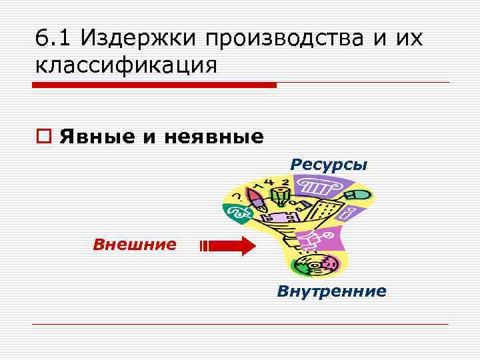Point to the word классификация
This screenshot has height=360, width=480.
coord(127,66)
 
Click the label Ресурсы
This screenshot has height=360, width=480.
coord(328,164)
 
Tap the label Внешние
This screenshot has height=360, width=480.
coord(135,244)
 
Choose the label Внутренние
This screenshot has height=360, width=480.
coord(331,291)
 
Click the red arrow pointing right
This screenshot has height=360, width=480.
coord(227,246)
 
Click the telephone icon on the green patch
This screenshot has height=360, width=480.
coord(236,212)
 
